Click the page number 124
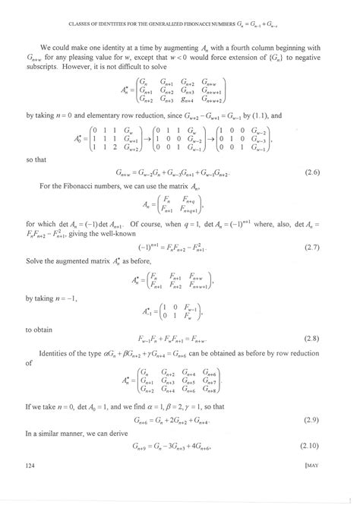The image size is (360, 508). [x=30, y=485]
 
